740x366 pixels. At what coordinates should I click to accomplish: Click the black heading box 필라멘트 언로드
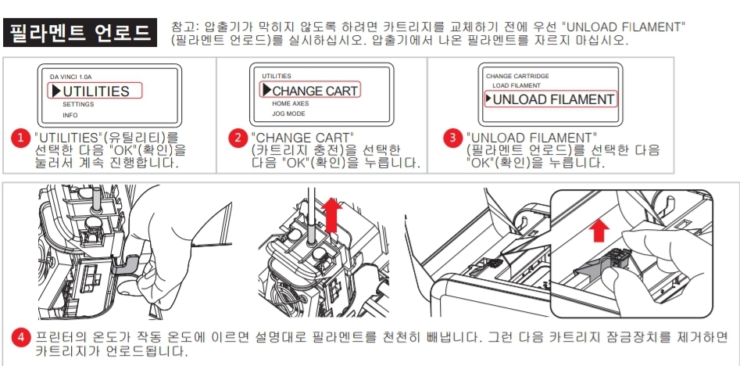80,33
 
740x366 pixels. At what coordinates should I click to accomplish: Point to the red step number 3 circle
452,138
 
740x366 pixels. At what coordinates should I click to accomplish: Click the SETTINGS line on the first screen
78,104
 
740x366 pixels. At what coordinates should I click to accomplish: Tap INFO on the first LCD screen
70,115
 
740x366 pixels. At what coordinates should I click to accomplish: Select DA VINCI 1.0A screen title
70,77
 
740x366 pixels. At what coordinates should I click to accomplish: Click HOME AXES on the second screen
290,103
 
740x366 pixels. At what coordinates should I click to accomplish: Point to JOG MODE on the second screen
288,114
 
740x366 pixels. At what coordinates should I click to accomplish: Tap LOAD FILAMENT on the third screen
516,85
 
